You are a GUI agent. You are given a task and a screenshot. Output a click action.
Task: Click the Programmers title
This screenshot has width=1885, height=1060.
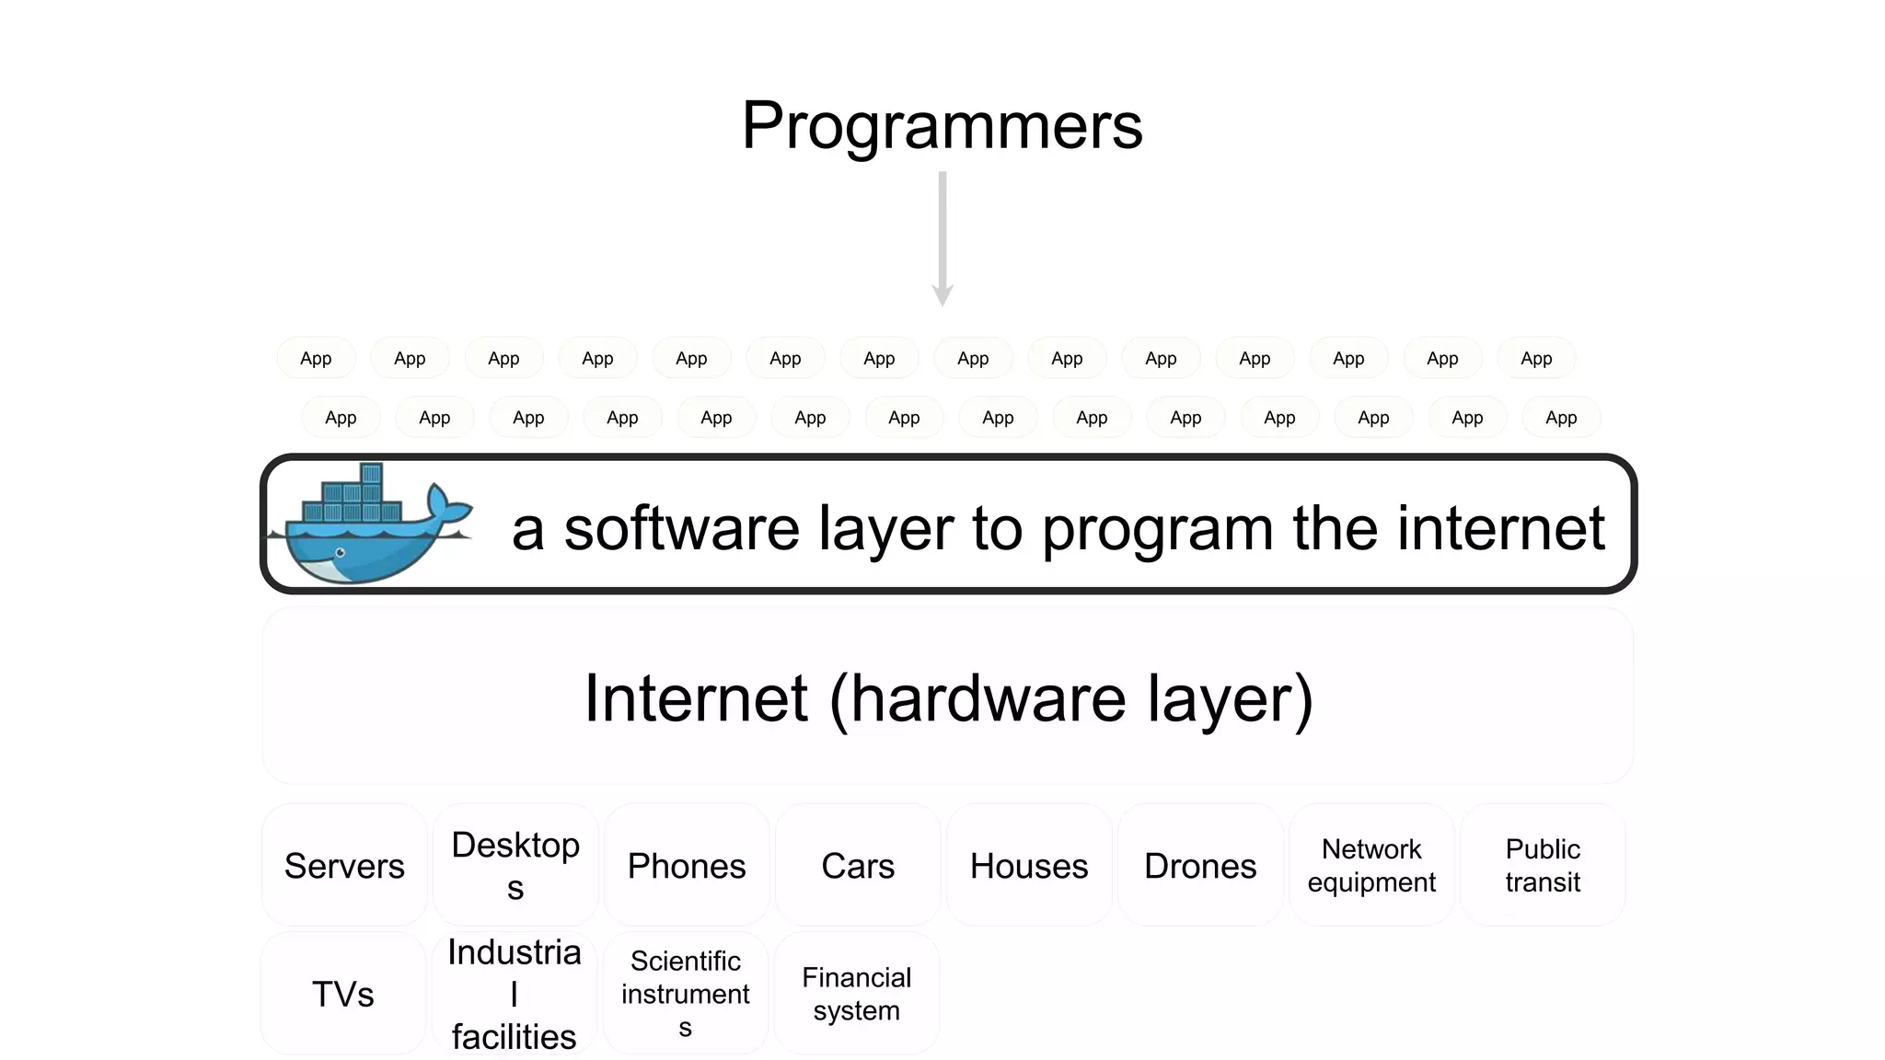(x=942, y=125)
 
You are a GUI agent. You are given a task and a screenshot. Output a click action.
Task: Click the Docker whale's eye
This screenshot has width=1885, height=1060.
(x=340, y=553)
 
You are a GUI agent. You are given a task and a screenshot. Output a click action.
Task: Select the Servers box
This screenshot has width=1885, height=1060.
(x=344, y=865)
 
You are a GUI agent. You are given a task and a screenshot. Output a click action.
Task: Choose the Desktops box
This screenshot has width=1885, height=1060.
(x=515, y=865)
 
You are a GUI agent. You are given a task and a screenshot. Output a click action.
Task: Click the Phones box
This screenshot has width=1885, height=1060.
(x=687, y=865)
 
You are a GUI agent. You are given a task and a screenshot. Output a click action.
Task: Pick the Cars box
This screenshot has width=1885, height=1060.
(x=858, y=865)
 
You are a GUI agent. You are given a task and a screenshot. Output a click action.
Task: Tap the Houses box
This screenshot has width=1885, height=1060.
(x=1029, y=865)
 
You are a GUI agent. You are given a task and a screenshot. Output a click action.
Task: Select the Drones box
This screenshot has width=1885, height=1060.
(x=1200, y=865)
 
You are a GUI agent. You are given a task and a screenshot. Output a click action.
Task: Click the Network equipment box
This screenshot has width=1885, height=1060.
(x=1371, y=865)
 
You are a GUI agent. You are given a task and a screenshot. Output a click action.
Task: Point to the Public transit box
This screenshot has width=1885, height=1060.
(x=1543, y=865)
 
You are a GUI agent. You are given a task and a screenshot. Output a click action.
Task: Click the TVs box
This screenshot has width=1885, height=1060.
(x=343, y=994)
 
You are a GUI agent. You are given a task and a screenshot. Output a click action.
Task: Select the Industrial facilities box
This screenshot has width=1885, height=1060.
(x=515, y=994)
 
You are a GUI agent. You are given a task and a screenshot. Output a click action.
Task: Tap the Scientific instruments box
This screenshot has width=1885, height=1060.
(x=686, y=994)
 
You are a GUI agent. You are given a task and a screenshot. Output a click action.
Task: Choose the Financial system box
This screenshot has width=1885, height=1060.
(x=857, y=994)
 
